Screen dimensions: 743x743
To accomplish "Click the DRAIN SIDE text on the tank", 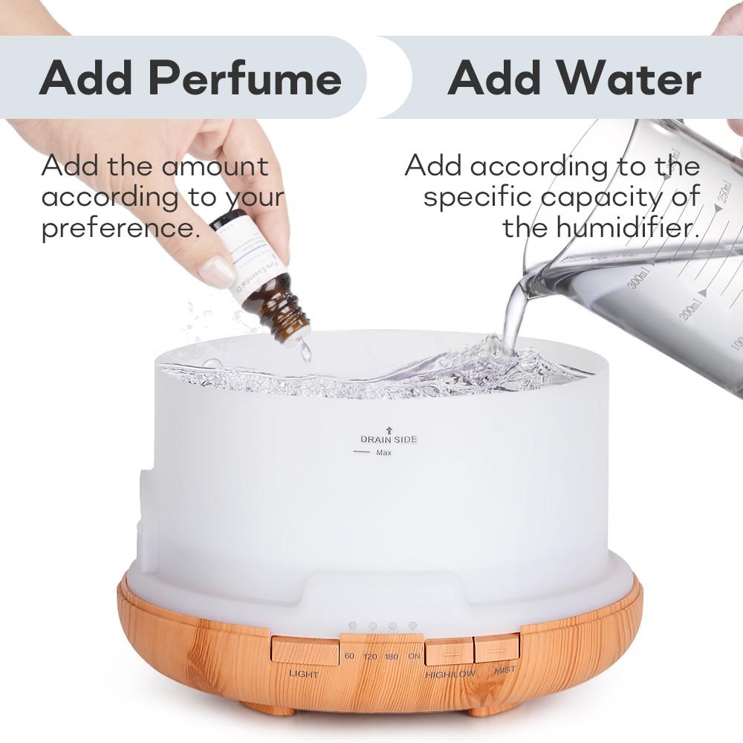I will click(389, 439).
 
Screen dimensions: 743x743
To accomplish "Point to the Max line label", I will click(383, 453).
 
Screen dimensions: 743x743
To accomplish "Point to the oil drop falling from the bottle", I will click(305, 352).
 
